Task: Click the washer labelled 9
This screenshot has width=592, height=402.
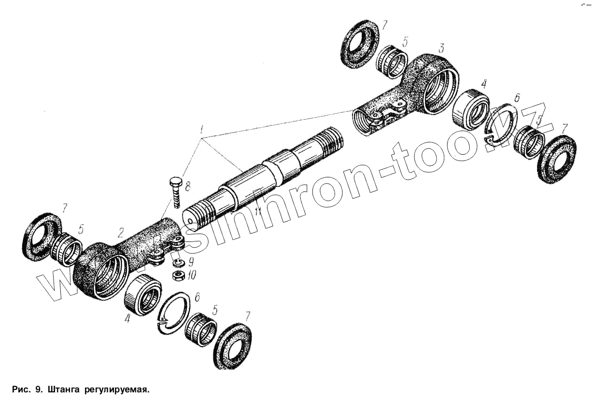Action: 178,263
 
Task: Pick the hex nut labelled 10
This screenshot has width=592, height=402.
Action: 178,275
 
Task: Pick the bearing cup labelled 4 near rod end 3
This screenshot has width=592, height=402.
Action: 471,109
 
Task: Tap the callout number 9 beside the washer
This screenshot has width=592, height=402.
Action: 191,263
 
